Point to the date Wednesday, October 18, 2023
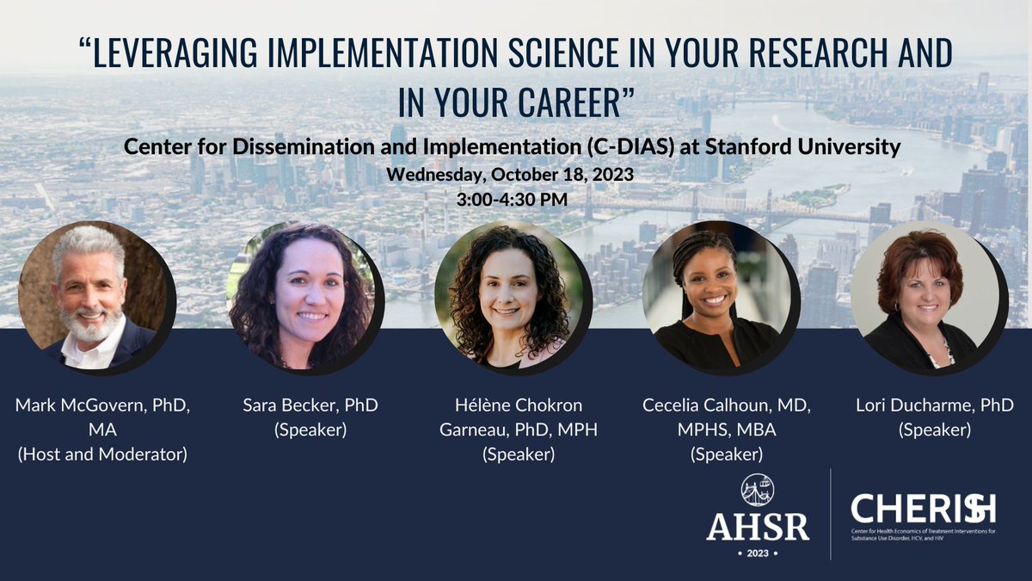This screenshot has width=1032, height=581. [511, 173]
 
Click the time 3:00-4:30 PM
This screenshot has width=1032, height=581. [511, 196]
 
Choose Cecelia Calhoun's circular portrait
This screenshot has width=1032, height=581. [719, 295]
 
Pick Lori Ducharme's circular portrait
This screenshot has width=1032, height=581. [925, 295]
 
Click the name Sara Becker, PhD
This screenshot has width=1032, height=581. [310, 405]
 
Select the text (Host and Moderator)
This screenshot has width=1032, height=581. [102, 454]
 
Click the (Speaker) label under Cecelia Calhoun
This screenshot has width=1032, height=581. [727, 454]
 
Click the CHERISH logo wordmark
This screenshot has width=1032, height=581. [923, 509]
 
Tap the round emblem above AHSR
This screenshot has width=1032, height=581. [758, 489]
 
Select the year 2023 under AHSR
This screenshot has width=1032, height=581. [758, 551]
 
